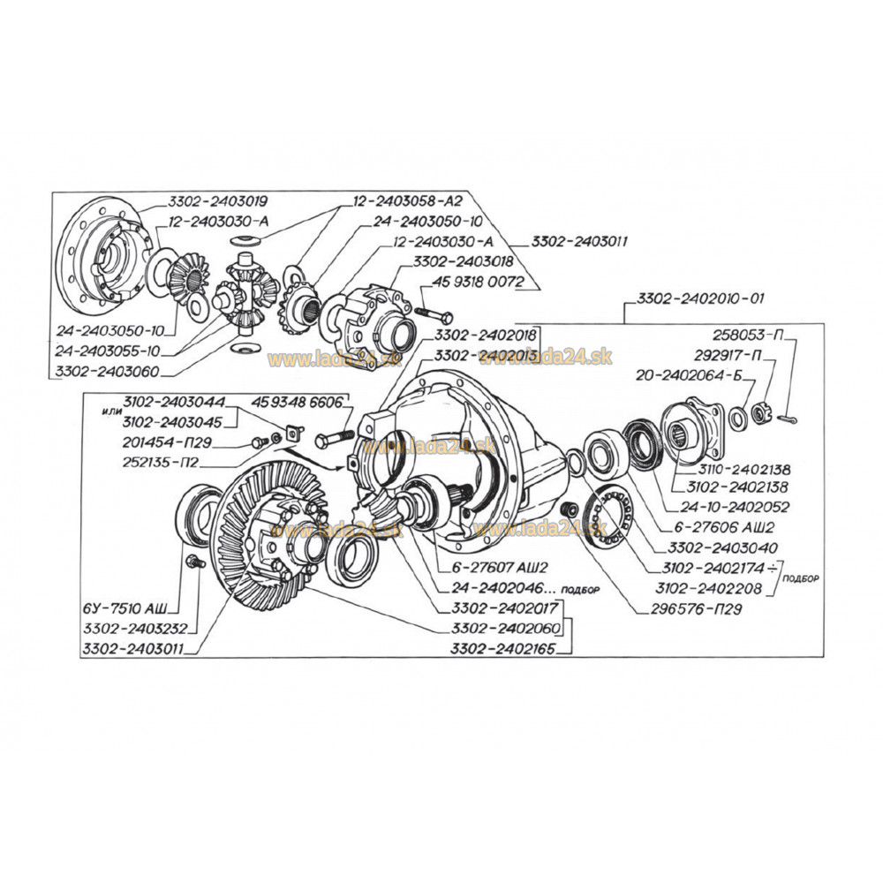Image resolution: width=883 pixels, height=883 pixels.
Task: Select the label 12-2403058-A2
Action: pyautogui.click(x=408, y=201)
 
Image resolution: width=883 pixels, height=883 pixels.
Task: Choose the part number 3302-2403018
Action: pyautogui.click(x=464, y=262)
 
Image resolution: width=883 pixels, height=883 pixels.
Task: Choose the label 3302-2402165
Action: pyautogui.click(x=503, y=648)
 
